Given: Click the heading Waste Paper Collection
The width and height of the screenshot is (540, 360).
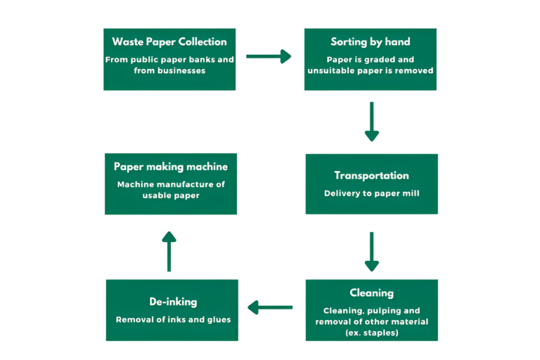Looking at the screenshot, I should (169, 42).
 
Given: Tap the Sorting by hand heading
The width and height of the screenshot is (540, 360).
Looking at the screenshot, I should (371, 42).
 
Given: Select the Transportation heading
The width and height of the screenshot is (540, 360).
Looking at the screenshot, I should (371, 175).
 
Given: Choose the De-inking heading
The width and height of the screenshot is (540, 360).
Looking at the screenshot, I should (173, 302).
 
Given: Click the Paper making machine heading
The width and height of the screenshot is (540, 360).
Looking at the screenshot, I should (171, 167).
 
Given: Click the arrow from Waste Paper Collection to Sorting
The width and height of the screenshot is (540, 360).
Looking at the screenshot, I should (269, 56).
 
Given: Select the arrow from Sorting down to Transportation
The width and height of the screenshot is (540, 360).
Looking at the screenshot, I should (371, 122).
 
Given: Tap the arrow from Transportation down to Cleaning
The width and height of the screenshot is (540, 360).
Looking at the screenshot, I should (371, 252).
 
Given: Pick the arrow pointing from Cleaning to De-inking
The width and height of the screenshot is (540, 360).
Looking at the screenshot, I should (270, 307).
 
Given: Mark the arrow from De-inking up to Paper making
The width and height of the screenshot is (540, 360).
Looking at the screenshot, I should (169, 251).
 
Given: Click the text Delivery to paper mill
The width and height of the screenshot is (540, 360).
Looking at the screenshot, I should (371, 193).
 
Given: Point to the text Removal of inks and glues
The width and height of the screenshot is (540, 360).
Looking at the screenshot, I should (173, 319).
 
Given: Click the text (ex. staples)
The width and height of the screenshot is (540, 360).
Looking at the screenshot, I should (371, 332).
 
